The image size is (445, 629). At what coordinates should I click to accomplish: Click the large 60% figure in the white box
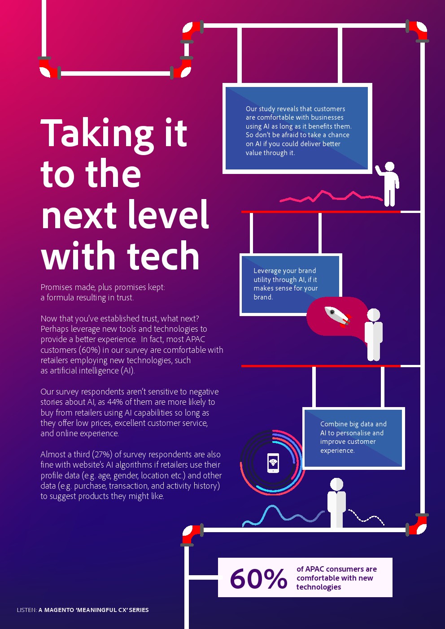pos(258,578)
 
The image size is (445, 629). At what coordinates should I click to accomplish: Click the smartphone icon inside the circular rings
pos(273,463)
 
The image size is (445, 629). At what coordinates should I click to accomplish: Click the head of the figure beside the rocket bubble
pos(373,315)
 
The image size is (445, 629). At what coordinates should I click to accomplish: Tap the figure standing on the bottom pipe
pos(336,503)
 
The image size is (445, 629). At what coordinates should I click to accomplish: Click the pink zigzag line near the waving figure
pos(331,196)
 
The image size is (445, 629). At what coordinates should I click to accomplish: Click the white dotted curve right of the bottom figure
pos(366,517)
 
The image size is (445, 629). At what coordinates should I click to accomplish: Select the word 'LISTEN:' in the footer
pos(26,610)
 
